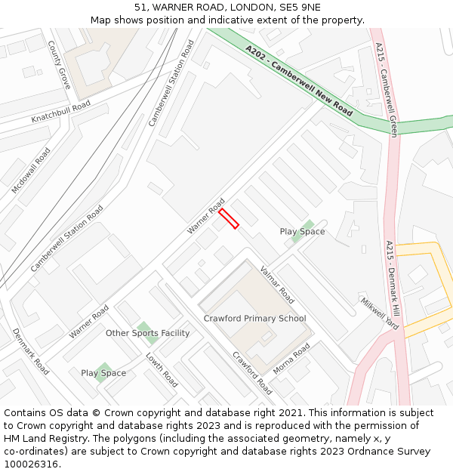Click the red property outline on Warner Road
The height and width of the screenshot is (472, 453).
coord(229,218)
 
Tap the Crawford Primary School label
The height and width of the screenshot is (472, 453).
coord(254,319)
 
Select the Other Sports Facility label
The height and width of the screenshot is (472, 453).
coord(147,333)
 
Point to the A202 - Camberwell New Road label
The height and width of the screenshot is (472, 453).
coord(299,80)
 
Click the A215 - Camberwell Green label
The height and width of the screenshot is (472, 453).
coord(387,89)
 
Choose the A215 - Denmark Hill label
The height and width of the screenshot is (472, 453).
coord(393,279)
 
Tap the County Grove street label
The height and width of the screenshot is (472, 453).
coord(59,66)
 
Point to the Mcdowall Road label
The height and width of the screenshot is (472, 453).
coord(31,170)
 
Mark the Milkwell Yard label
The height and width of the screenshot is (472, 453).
coord(378,313)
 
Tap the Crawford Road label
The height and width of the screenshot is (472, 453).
coord(252,373)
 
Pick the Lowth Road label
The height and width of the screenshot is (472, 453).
coord(161,370)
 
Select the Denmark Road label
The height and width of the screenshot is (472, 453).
coord(31,351)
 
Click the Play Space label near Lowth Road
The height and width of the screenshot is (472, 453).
coord(103,373)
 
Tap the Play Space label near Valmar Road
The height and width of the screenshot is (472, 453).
coord(302,232)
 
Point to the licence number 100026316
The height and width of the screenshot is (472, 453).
coord(31,464)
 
